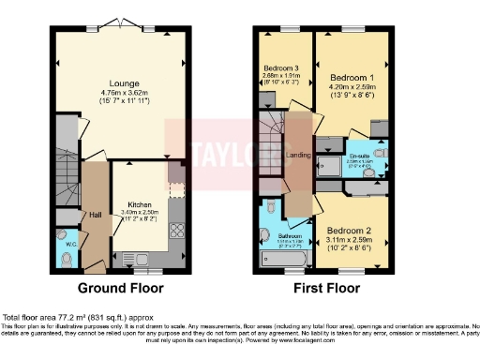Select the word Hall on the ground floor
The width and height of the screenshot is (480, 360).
click(95, 213)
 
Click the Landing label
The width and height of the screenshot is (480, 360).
click(299, 156)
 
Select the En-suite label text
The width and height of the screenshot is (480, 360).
click(360, 156)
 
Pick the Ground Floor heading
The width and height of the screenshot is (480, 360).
click(120, 288)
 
